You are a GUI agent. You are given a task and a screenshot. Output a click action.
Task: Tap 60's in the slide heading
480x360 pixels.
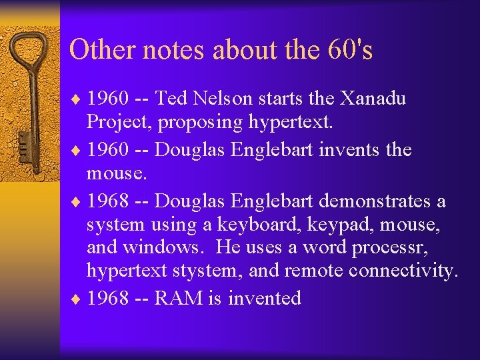(x=350, y=50)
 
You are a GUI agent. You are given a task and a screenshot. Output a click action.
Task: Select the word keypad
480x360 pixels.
(x=338, y=225)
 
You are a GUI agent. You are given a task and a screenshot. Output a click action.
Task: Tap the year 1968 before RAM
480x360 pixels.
(x=108, y=297)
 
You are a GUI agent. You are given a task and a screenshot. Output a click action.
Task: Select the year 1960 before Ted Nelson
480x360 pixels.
(x=108, y=99)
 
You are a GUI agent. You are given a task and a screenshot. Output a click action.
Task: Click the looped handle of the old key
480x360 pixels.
(x=29, y=53)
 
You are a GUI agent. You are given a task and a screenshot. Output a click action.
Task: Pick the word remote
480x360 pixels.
(x=315, y=271)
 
